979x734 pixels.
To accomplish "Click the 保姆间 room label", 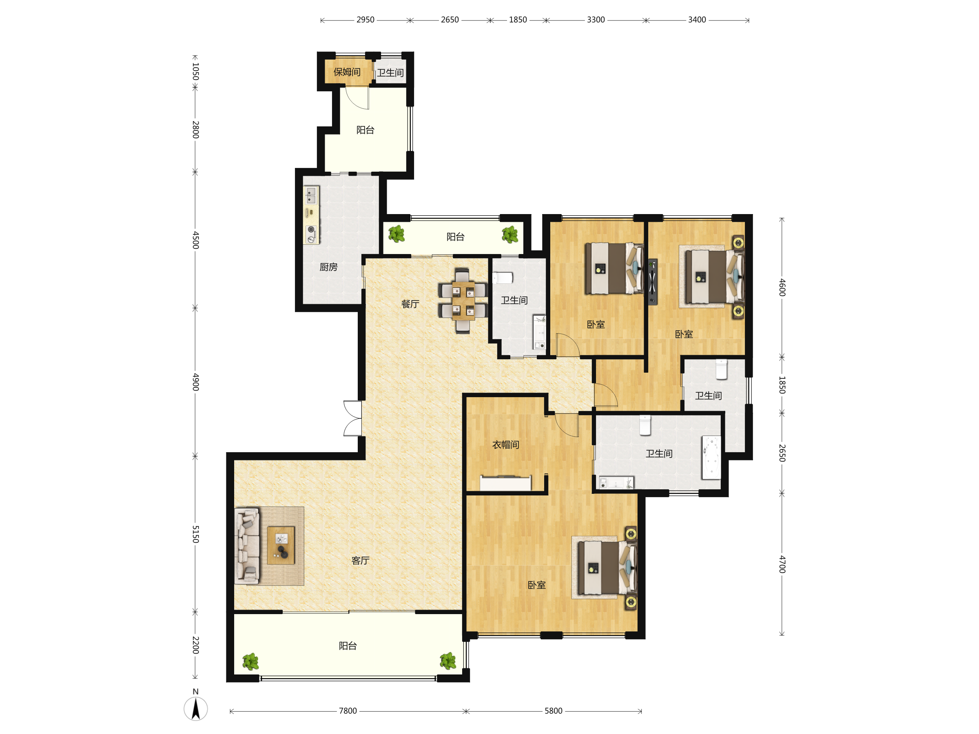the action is [x=347, y=72].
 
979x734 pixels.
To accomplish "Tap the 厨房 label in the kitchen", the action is [x=328, y=267].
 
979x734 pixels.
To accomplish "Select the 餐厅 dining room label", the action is [x=410, y=304].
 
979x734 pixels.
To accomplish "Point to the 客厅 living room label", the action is [x=360, y=561].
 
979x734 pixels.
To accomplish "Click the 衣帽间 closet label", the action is [x=505, y=444].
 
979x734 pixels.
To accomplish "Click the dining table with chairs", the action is [x=463, y=301].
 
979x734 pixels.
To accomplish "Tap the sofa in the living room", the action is [x=247, y=546].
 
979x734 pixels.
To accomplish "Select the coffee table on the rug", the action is [x=281, y=545].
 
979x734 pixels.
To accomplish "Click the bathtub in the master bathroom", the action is [x=711, y=458].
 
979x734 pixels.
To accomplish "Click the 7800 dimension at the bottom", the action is [x=348, y=711].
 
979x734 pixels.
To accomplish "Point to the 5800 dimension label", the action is [x=553, y=711].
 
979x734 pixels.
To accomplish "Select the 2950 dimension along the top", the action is [x=365, y=20].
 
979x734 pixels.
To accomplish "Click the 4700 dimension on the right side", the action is [x=782, y=564].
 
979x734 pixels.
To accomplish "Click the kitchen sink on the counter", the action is [x=311, y=195].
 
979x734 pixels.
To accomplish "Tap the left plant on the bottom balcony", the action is [x=251, y=661].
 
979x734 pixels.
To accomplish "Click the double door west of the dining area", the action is [x=353, y=418].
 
